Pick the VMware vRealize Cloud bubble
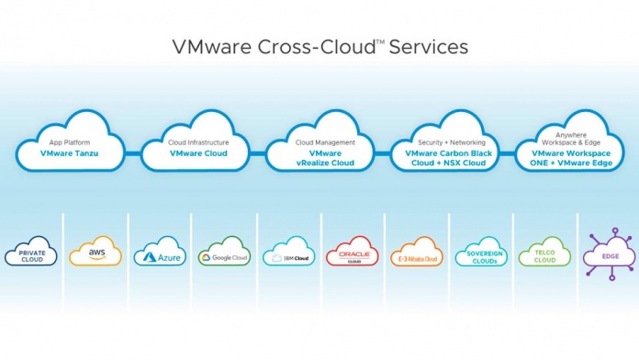(318, 147)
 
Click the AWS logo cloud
(95, 253)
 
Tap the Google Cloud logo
(224, 255)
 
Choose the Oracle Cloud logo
(353, 255)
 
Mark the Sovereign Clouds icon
(479, 254)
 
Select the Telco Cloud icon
(544, 253)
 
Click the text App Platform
(69, 142)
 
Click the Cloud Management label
(318, 142)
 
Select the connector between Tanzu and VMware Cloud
(134, 152)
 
